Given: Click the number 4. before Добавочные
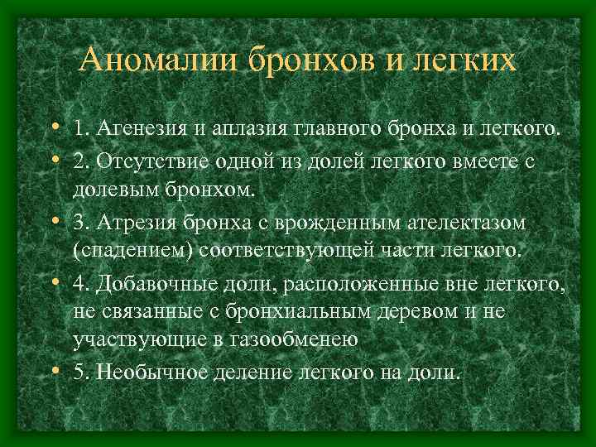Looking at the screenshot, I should point(82,284).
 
